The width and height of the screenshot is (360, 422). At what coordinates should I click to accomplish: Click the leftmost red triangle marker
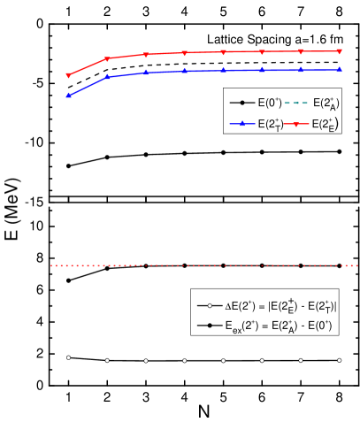(68, 76)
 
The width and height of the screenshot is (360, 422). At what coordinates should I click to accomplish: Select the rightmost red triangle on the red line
(340, 51)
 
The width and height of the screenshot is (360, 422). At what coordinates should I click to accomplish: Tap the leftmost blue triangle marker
(68, 95)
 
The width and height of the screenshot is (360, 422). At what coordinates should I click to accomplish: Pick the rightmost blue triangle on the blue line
(340, 68)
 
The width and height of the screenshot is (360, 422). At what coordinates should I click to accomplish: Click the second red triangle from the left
(107, 59)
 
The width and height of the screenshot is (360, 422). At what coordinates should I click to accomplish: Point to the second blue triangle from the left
(107, 77)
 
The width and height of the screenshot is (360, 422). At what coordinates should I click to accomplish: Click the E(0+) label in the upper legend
(270, 103)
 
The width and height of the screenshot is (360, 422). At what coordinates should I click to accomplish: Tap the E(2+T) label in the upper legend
(271, 125)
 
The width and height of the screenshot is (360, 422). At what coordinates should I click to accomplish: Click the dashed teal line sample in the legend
(297, 103)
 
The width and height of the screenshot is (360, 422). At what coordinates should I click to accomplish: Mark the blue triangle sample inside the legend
(241, 124)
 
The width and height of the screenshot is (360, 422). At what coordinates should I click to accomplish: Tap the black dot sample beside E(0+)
(241, 103)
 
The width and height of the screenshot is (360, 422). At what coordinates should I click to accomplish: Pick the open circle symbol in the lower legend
(209, 305)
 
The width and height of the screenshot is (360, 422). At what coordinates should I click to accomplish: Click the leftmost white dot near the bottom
(68, 357)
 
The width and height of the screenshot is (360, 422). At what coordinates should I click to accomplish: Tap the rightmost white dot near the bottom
(340, 360)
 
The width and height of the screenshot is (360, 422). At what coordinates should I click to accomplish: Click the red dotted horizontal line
(203, 265)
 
